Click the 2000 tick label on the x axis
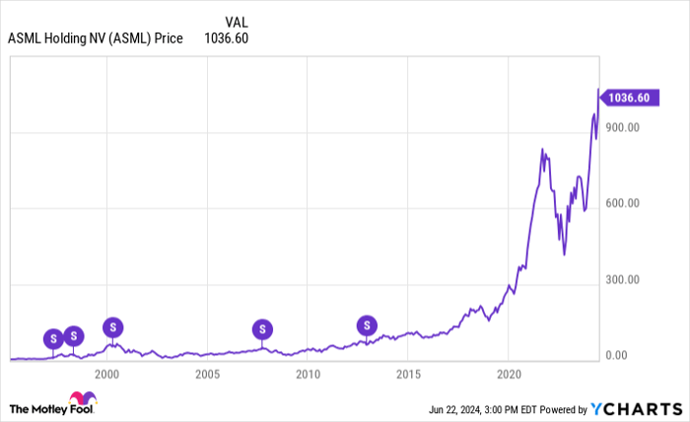coord(106,375)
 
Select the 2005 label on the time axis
coord(207,375)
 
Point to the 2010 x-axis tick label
coord(308,375)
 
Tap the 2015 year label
coord(408,375)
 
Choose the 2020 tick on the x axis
coord(509,375)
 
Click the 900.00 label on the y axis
coord(622,127)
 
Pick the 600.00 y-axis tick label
coord(622,203)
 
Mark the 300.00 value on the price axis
coord(622,280)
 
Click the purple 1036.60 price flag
coord(629,98)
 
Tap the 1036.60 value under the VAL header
coord(228,39)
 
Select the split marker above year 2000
coord(113,326)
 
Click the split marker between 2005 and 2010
coord(261,329)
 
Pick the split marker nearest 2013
coord(367,324)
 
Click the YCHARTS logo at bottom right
coord(635,408)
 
